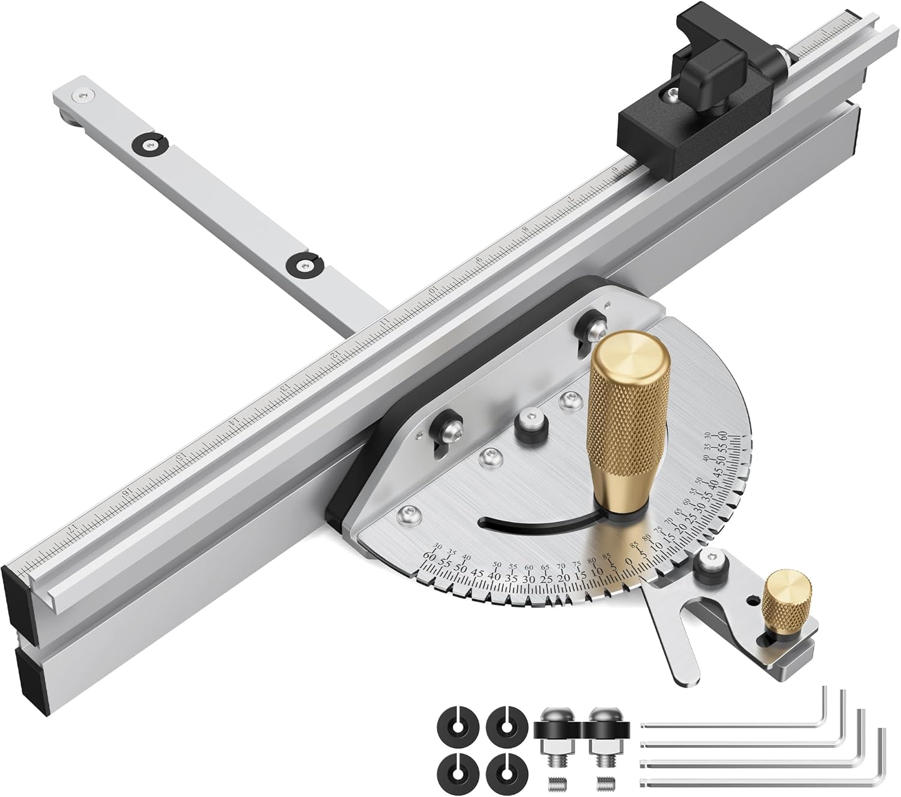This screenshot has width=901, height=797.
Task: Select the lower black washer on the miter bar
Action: click(305, 265)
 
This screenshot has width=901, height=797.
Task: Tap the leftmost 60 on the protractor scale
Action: click(429, 556)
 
